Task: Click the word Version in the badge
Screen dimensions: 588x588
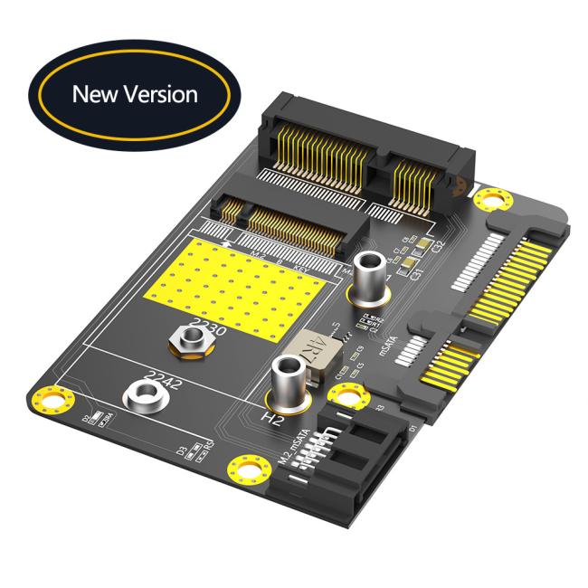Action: coord(160,93)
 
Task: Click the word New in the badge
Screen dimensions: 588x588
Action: coord(95,93)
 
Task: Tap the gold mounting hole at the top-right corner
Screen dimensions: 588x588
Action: coord(490,198)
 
